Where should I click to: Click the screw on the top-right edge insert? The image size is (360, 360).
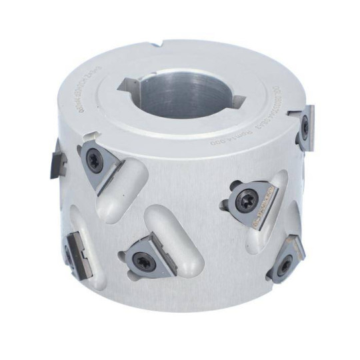coord(304,125)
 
